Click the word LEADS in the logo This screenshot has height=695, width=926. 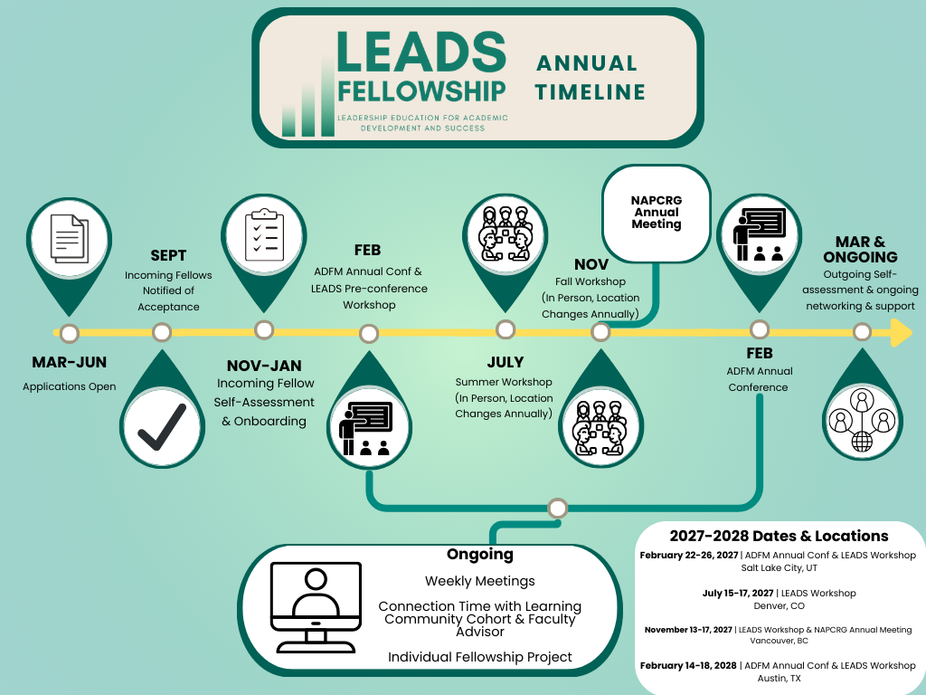click(420, 52)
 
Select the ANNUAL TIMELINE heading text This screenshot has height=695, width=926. click(590, 78)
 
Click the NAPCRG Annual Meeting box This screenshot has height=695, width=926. click(657, 212)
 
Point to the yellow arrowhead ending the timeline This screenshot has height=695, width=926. click(901, 333)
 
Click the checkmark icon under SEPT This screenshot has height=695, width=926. click(162, 427)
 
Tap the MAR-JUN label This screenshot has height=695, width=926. click(70, 363)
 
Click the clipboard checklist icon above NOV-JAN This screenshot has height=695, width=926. click(263, 233)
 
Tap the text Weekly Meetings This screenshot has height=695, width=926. click(480, 581)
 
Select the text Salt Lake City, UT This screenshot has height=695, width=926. click(779, 568)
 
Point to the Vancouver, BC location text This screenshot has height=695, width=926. click(779, 642)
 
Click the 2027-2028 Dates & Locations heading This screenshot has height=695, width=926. click(779, 536)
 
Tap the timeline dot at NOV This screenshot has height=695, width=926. click(600, 333)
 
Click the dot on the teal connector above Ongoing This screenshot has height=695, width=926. click(558, 508)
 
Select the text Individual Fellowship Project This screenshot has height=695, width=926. click(480, 656)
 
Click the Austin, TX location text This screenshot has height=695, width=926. click(779, 678)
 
